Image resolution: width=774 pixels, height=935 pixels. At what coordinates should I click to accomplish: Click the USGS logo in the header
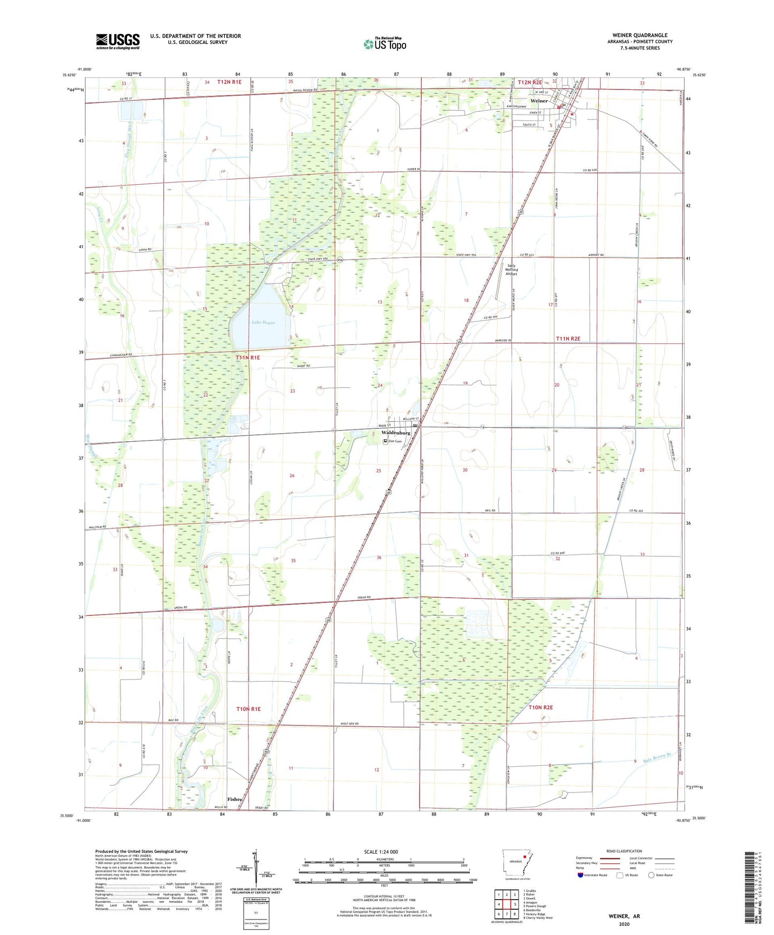[118, 41]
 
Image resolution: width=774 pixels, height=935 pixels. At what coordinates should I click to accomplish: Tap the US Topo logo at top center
[385, 44]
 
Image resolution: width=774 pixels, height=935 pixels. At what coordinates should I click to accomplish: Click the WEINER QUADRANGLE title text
[635, 35]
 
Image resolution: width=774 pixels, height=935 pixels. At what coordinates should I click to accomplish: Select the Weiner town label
[539, 101]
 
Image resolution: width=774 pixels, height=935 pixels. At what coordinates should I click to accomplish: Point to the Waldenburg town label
[396, 433]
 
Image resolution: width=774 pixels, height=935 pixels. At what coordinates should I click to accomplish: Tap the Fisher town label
[235, 799]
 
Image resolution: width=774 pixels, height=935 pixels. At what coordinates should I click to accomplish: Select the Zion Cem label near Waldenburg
[395, 441]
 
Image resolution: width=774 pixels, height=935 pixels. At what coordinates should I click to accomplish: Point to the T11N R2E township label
[568, 338]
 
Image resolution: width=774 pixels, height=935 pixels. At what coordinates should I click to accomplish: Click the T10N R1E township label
[249, 708]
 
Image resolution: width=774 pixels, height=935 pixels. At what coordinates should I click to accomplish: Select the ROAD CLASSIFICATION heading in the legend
[624, 851]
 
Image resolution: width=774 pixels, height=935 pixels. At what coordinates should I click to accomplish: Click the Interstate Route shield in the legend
[581, 875]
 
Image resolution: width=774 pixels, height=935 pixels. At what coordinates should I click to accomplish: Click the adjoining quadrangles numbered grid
[507, 904]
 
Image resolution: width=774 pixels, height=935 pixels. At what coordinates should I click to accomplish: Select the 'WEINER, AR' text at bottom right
[624, 916]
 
